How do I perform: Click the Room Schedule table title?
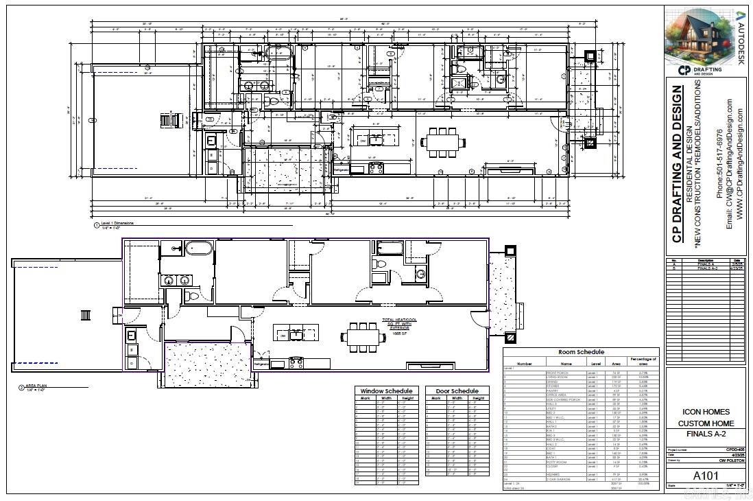coord(581,352)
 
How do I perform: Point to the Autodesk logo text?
coord(741,38)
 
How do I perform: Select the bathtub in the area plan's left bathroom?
coord(200,248)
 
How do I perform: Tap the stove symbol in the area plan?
coord(296,362)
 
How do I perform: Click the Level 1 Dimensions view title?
coord(118,223)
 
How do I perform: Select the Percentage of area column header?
coord(643,361)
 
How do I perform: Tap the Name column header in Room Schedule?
coord(566,364)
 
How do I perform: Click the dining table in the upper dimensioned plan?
coord(443,142)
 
